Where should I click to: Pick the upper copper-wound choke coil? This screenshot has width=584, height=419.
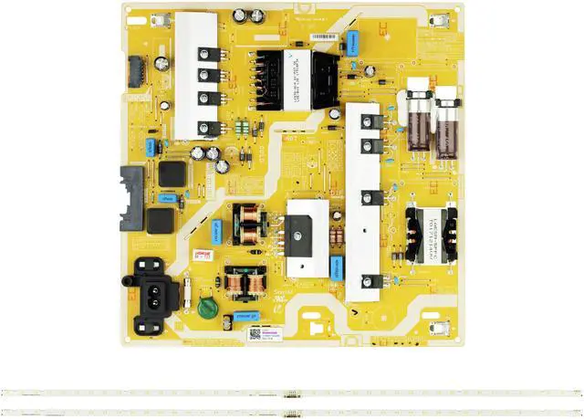(x=248, y=224)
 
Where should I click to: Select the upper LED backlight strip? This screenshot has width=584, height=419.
(x=291, y=391)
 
